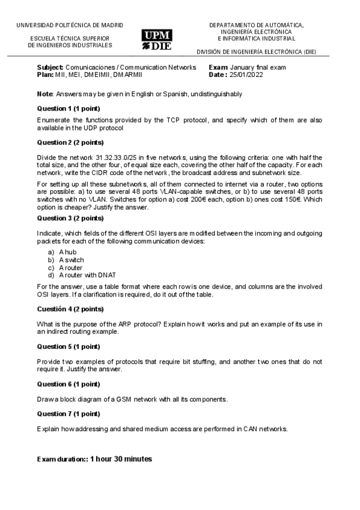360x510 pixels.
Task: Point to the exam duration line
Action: (x=94, y=459)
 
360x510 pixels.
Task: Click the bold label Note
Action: (x=44, y=94)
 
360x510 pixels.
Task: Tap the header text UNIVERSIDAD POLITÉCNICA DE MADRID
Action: (x=70, y=25)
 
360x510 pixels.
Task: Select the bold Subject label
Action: (x=50, y=67)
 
